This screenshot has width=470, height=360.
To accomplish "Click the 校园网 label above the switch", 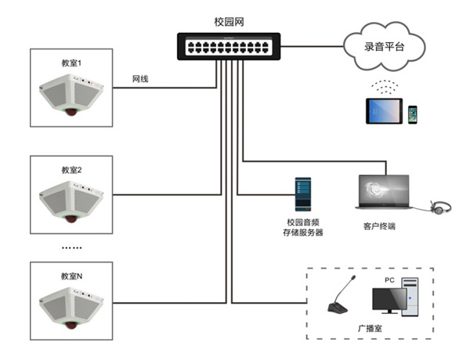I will click(x=229, y=22).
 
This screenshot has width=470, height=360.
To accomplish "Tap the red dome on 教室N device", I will click(x=71, y=323).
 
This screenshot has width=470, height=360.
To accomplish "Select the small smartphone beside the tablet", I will click(x=412, y=114).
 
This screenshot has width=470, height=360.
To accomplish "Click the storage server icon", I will click(x=303, y=193).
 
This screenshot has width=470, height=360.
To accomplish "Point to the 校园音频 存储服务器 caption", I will click(x=303, y=228).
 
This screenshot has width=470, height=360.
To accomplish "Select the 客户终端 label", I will click(x=379, y=227).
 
